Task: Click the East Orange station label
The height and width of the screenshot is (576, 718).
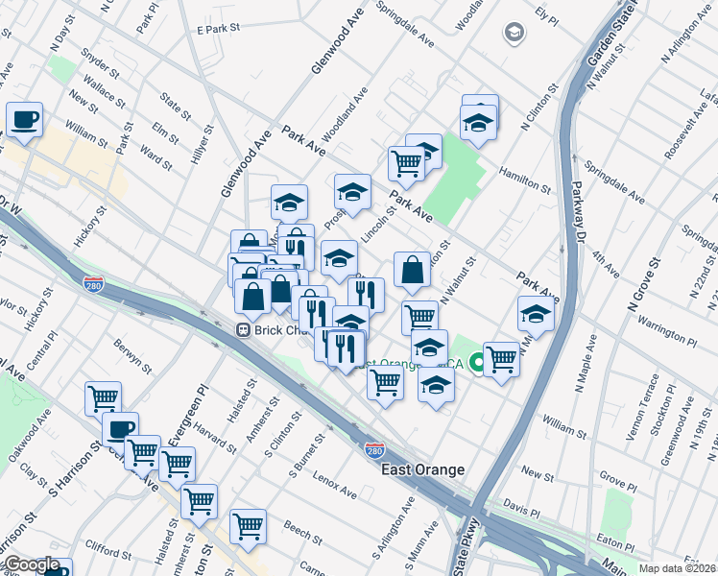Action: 422,469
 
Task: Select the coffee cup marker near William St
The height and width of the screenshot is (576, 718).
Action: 25,120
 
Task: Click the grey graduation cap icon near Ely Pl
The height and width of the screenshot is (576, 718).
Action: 515,34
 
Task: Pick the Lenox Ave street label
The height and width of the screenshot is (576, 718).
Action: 333,486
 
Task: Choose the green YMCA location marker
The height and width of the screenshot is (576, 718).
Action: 477,364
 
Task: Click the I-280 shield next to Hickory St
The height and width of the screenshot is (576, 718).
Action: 93,284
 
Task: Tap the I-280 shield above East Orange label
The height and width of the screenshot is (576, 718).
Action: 375,449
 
